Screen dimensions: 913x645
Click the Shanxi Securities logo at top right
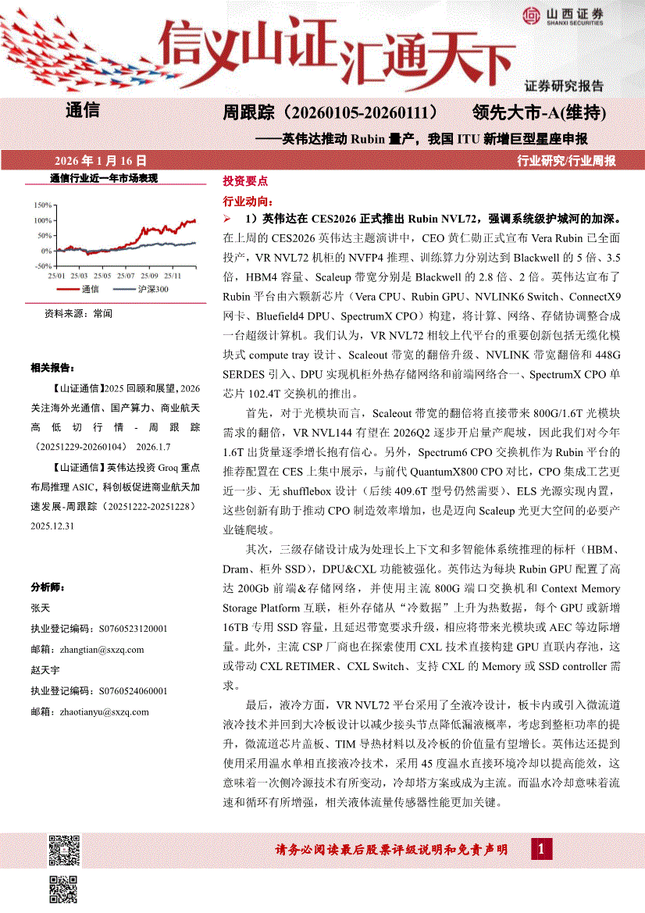point(561,16)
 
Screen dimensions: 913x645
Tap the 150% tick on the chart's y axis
point(41,205)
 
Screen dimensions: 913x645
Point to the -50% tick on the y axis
point(41,266)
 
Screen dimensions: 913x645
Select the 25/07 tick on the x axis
point(127,276)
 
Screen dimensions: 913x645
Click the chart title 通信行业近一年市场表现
point(103,179)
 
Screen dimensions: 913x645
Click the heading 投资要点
point(244,180)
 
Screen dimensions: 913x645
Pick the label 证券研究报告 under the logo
point(564,87)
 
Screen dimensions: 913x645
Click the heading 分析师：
point(48,587)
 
